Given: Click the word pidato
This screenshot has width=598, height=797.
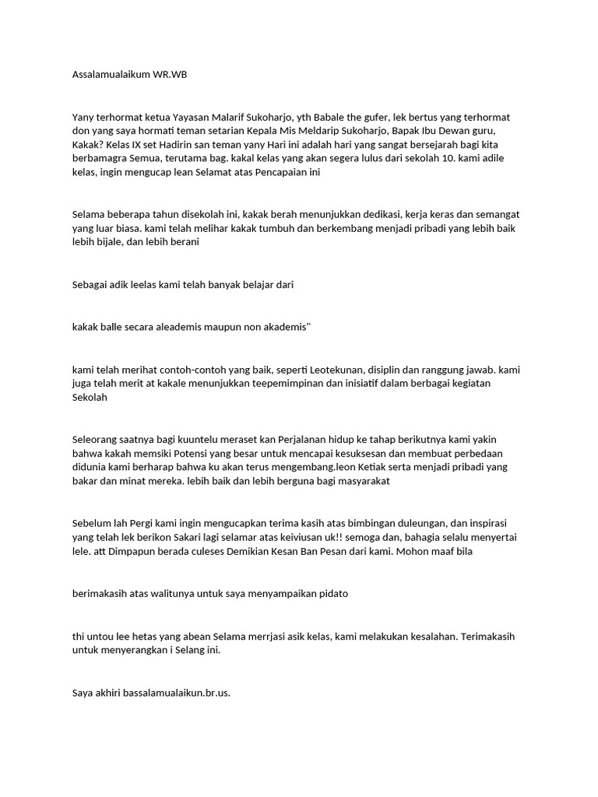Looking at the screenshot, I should [332, 594].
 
